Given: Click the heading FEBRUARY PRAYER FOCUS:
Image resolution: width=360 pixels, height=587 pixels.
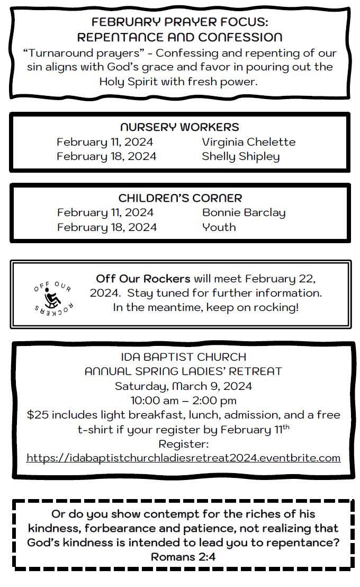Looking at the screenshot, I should (179, 22).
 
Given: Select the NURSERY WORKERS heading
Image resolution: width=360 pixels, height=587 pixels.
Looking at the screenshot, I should (179, 127).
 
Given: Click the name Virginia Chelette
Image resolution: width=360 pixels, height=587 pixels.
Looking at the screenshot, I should (248, 142).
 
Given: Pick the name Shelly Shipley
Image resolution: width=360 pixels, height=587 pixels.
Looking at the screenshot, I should (240, 156).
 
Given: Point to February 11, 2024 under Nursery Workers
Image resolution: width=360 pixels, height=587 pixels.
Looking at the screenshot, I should (105, 142).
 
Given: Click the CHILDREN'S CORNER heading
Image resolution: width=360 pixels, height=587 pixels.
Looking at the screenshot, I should (180, 198).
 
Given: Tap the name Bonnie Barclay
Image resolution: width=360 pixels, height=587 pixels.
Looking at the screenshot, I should (244, 212).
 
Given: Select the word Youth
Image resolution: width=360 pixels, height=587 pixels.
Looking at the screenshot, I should (219, 227).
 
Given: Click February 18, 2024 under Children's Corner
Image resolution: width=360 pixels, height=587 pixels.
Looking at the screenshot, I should (107, 227).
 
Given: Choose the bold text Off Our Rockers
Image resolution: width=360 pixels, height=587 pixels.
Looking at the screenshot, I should (143, 279).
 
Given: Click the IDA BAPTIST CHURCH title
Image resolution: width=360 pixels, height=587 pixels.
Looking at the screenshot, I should (183, 357).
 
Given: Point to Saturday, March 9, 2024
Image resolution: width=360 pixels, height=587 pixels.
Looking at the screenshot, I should (183, 386).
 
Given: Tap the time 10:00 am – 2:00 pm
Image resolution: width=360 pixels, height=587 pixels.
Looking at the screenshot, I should (183, 400).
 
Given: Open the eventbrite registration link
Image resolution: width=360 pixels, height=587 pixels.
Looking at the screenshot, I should (183, 458).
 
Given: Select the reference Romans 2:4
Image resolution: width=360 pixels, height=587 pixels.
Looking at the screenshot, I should (183, 557).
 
